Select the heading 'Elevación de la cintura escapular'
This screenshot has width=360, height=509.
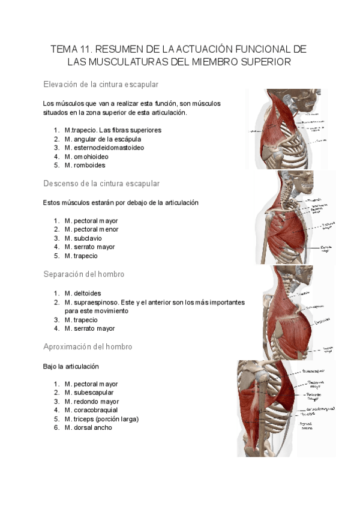point(101,84)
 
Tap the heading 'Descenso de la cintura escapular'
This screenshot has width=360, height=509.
point(101,183)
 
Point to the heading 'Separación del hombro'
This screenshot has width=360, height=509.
point(84,274)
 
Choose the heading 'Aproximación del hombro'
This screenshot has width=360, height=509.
point(88,347)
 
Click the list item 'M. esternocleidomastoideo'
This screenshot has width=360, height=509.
point(104,147)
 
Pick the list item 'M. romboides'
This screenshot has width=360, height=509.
point(85,165)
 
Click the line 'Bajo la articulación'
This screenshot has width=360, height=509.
point(71,366)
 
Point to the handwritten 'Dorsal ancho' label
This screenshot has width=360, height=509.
point(307,426)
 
